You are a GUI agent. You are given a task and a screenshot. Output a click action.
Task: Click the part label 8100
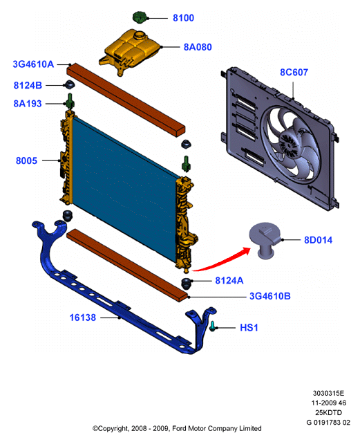coord(183,18)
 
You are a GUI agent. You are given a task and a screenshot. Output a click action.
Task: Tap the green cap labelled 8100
coord(139,17)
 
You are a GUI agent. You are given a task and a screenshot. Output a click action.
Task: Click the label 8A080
coord(198,47)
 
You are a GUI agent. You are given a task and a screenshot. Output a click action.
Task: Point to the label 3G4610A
coord(33,64)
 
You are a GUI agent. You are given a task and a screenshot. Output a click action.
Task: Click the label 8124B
coord(28,85)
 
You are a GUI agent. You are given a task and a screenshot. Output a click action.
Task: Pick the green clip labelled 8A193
coord(70,101)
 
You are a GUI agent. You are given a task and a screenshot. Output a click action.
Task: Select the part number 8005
coord(26,160)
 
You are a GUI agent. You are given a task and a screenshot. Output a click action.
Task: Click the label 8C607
coord(294,73)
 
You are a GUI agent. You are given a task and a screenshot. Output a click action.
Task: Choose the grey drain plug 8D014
coord(265,240)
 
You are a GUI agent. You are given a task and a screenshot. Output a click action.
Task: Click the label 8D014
coord(318,240)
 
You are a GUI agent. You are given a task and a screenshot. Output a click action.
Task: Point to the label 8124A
coord(229,280)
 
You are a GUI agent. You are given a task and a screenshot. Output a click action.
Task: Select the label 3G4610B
coord(270,296)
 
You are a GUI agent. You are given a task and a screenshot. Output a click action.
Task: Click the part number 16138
coord(83,317)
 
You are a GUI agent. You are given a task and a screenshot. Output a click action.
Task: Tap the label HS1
coord(249,328)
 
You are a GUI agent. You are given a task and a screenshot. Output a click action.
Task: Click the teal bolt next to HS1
coord(212,326)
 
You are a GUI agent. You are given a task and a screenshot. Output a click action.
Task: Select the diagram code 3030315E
coord(328,393)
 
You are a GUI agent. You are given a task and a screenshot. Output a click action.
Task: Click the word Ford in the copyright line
coord(179,428)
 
